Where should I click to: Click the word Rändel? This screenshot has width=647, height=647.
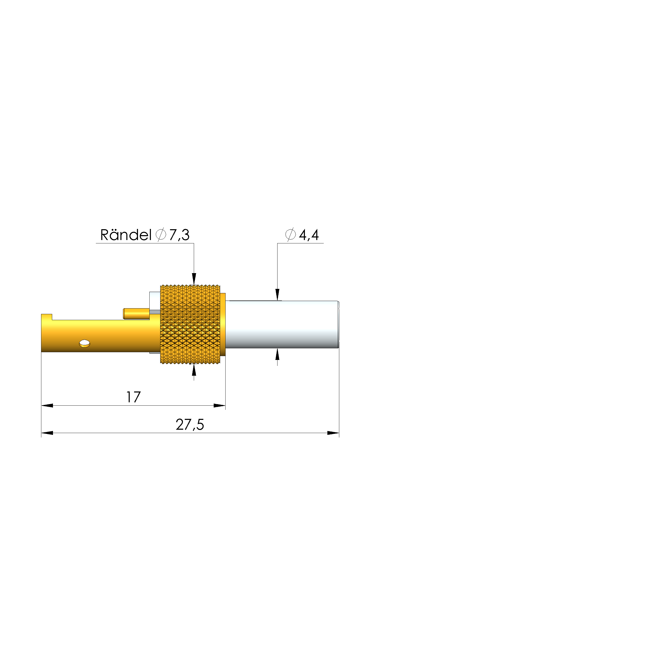(x=126, y=235)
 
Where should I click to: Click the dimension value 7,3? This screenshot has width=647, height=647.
(x=179, y=235)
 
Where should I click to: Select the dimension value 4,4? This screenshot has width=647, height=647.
(x=309, y=235)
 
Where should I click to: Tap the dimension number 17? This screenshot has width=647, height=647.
(x=133, y=397)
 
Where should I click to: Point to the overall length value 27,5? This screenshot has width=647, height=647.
(x=190, y=425)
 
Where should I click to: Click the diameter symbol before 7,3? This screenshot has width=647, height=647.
(x=161, y=234)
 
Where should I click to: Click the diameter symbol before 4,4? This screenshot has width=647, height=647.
(x=290, y=234)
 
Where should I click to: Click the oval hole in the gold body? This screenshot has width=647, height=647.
(x=84, y=343)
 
